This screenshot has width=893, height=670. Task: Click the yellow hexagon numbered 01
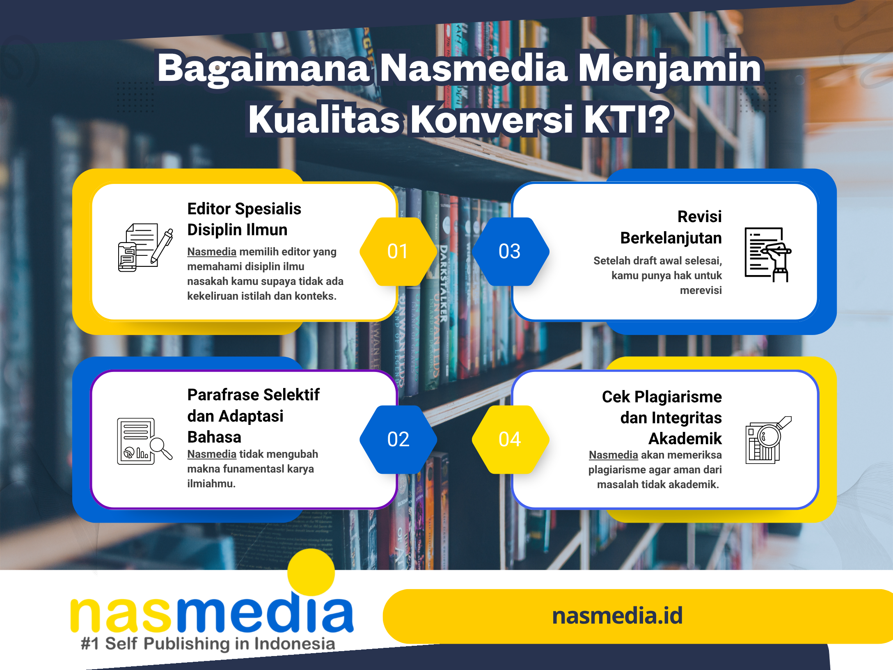pos(398,251)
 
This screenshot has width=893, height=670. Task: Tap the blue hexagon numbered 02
pos(398,439)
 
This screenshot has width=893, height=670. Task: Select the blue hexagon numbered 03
pos(510,251)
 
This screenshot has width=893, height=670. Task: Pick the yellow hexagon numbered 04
pos(510,439)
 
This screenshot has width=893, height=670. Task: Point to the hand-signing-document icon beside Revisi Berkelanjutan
pos(768,255)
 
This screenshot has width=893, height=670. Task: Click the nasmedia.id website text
pos(617,616)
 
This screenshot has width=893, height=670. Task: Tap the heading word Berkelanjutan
pos(671,238)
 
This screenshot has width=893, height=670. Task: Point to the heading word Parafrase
pos(223,395)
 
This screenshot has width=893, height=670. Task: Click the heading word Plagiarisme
pos(678,397)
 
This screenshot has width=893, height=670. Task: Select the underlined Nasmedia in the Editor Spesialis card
pos(212,251)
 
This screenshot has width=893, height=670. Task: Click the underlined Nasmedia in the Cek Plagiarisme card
pos(613,455)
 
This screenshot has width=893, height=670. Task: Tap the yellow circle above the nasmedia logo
pos(311,572)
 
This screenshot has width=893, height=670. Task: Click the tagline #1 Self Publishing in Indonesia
pos(208,644)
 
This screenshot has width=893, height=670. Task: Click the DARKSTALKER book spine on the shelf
pos(443,283)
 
